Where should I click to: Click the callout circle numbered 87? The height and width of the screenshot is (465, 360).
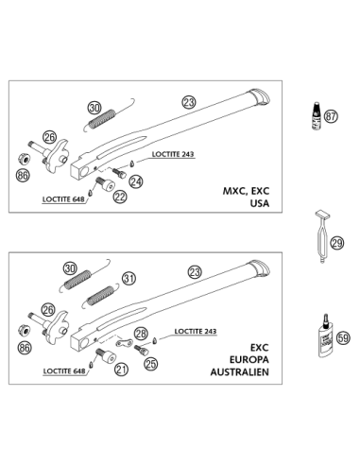(x=331, y=116)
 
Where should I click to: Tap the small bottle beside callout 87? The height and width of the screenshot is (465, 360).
(x=316, y=115)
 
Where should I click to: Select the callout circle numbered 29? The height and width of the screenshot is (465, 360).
(x=337, y=243)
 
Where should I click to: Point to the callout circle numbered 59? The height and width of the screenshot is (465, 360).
(x=343, y=338)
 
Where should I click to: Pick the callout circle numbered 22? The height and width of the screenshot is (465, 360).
(x=120, y=197)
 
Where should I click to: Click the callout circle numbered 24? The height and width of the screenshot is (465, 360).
(x=136, y=181)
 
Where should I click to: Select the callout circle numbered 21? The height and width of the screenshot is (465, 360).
(x=121, y=369)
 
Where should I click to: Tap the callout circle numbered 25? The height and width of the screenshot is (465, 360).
(x=151, y=364)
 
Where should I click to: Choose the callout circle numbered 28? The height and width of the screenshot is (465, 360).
(x=141, y=334)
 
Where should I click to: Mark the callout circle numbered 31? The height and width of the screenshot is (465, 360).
(x=129, y=279)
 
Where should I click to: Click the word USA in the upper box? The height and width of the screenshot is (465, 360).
(x=260, y=203)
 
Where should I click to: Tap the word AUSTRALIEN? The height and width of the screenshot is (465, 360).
(x=240, y=372)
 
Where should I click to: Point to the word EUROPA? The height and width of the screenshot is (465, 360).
(x=249, y=360)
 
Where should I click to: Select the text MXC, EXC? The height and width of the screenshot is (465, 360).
(x=247, y=191)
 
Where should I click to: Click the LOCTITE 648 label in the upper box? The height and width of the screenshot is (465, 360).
(x=63, y=199)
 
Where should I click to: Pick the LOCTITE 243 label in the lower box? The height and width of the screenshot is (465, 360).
(x=196, y=331)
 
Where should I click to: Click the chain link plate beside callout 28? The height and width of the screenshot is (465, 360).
(x=124, y=343)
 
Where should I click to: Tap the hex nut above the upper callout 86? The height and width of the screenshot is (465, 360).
(x=25, y=158)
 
